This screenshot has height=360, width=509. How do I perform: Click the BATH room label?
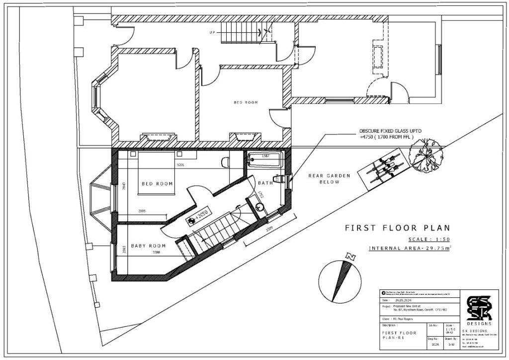pyautogui.click(x=265, y=183)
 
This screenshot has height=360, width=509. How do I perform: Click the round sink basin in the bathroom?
pyautogui.click(x=259, y=207)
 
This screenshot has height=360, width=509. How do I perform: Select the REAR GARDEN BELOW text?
pyautogui.click(x=329, y=179)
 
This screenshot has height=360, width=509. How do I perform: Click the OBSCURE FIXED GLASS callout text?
pyautogui.click(x=390, y=134)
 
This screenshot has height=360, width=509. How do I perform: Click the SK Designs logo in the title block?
pyautogui.click(x=479, y=309)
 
